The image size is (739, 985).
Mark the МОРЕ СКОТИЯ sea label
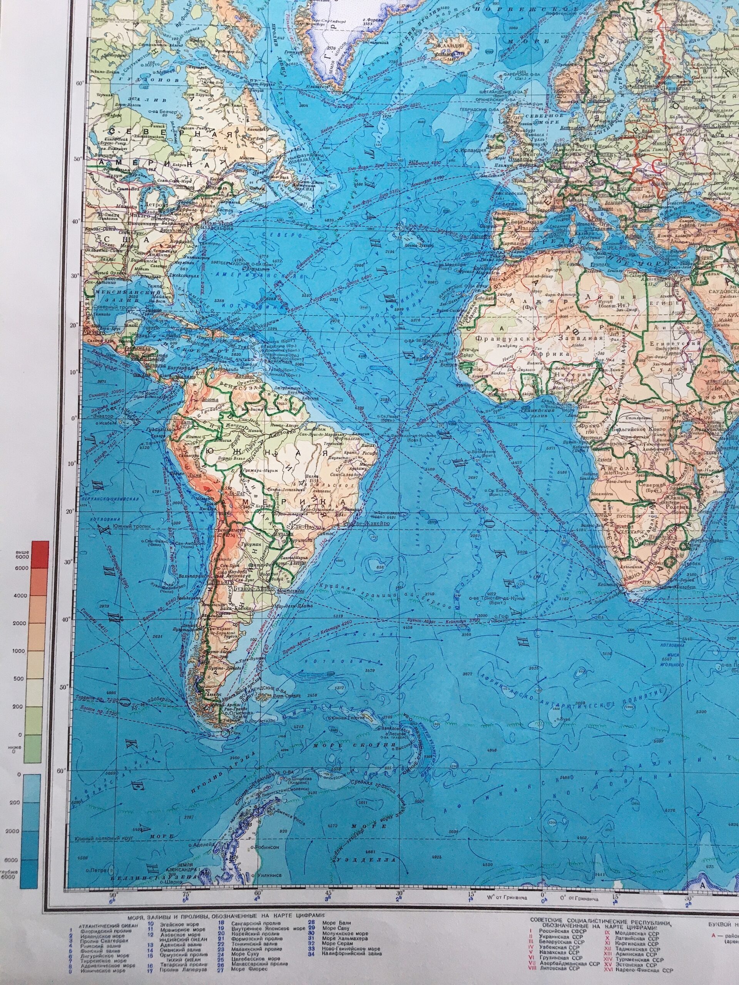pos(354,745)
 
